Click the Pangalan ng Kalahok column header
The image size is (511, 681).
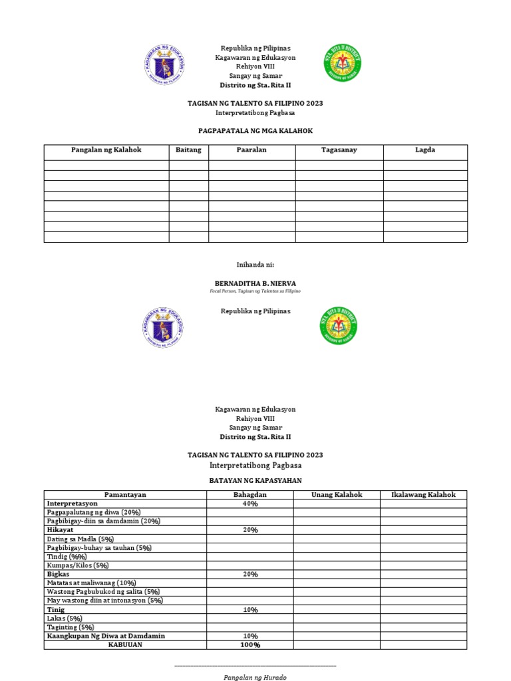tap(106, 150)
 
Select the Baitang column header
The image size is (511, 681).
tap(188, 150)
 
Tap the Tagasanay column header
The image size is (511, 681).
tap(339, 150)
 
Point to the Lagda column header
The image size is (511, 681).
tap(425, 150)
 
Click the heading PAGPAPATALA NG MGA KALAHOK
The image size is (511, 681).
tap(255, 131)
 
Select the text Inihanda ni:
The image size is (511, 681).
tap(255, 265)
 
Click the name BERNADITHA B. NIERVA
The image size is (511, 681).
tap(255, 283)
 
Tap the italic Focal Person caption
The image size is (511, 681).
tap(255, 291)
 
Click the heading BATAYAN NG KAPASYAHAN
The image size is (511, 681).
tap(255, 479)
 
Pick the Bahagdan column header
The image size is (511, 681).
tap(250, 495)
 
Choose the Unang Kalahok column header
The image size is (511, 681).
tap(337, 495)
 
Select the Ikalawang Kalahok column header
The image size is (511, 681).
tap(423, 495)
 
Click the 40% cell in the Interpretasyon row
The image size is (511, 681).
tap(250, 504)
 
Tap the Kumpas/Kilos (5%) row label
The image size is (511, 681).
tap(78, 565)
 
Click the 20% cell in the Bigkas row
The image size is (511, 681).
tap(250, 574)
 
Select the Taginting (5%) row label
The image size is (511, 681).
tap(70, 627)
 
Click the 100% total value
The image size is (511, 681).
tap(250, 644)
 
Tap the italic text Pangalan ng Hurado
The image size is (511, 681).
tap(255, 677)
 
